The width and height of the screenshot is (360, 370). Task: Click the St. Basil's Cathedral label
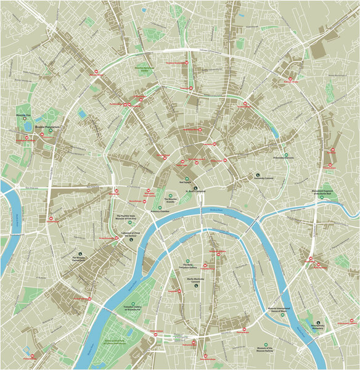point(197,191)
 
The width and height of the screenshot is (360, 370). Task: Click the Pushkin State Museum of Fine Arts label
point(130,216)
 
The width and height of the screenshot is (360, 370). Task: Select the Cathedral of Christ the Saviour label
point(131,234)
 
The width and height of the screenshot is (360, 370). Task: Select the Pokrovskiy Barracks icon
point(285,154)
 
